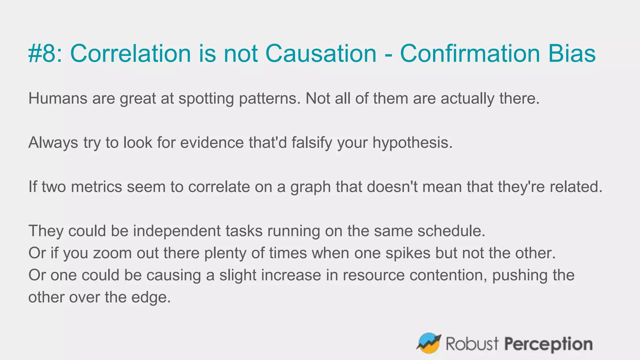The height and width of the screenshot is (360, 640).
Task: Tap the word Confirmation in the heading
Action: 470,53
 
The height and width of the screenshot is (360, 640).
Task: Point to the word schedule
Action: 451,231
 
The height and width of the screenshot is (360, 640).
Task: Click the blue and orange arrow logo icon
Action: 428,343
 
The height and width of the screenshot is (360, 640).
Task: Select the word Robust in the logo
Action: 472,344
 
